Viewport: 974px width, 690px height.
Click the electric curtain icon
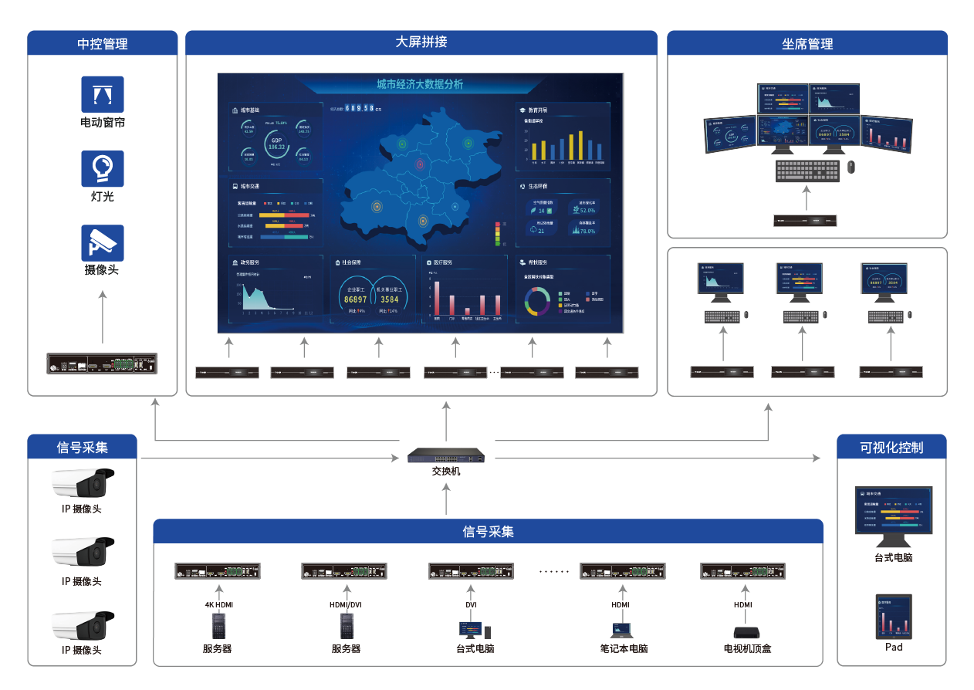[x=103, y=94]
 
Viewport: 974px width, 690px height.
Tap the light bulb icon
[x=103, y=168]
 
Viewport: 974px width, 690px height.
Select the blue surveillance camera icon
[x=103, y=242]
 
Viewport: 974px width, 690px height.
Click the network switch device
[x=448, y=455]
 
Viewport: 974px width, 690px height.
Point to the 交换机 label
[x=447, y=471]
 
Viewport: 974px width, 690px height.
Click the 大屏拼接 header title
[x=421, y=42]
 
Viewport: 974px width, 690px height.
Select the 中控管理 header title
[x=103, y=44]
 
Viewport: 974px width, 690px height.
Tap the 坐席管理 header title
[x=807, y=44]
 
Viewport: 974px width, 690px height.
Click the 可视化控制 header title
[x=891, y=447]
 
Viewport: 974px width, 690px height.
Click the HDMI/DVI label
[x=345, y=605]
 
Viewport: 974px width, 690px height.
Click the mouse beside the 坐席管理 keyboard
[x=851, y=167]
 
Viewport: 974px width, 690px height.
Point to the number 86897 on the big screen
[x=356, y=299]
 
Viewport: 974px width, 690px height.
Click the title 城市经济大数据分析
[x=420, y=84]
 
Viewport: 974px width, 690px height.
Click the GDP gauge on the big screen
[x=276, y=144]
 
